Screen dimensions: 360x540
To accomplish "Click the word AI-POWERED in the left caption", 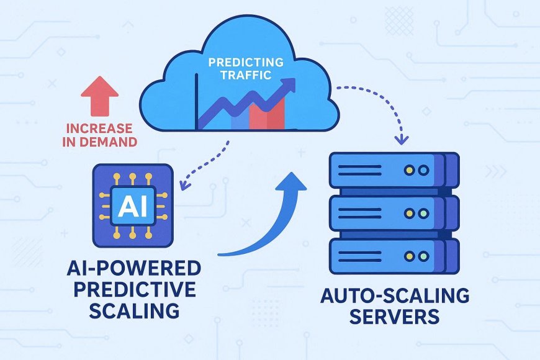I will [x=133, y=269].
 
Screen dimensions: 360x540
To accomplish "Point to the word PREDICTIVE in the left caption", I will [x=133, y=290].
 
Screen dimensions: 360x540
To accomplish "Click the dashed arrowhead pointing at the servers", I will [x=403, y=140].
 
